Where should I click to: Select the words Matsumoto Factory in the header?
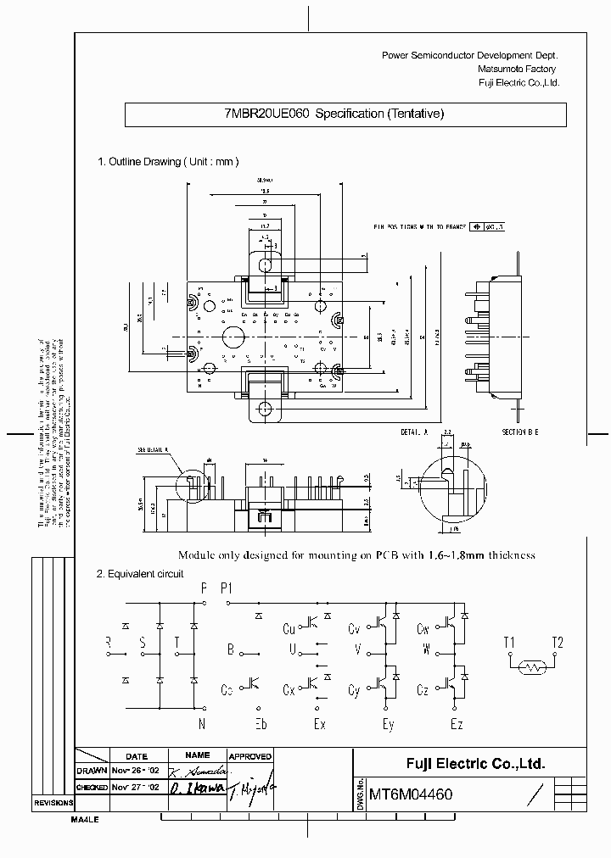pos(517,69)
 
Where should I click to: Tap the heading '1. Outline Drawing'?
pos(140,161)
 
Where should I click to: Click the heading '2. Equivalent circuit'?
pos(140,574)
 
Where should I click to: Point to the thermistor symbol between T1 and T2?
pos(534,668)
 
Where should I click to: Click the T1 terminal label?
pos(508,642)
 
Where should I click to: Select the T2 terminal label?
pos(558,642)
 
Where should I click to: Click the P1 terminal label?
pos(227,587)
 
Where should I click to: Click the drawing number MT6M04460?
pos(411,795)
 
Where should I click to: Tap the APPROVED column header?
pos(250,756)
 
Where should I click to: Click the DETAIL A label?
pos(415,432)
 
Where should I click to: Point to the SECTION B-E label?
pos(519,432)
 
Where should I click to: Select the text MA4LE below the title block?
pos(85,821)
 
